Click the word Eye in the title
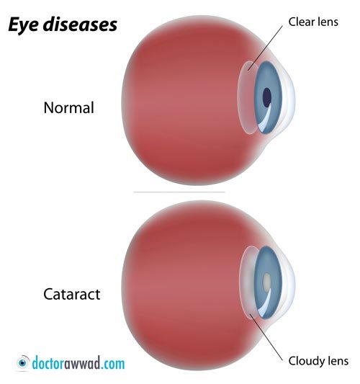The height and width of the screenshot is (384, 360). click(x=24, y=24)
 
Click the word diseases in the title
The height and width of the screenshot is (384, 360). click(x=80, y=24)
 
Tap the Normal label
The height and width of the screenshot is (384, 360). click(x=69, y=107)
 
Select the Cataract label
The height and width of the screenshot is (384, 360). click(x=72, y=294)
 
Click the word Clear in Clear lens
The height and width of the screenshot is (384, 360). click(x=301, y=22)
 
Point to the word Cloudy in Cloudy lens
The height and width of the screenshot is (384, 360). click(x=305, y=361)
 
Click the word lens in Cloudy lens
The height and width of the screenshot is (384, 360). click(x=336, y=361)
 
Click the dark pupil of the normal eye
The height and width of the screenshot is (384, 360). click(x=266, y=97)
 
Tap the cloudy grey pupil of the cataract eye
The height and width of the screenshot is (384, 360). click(x=266, y=282)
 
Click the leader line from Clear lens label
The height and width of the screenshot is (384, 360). click(x=265, y=48)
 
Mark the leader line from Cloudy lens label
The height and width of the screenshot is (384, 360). click(x=266, y=337)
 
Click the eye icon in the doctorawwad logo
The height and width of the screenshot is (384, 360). click(x=23, y=362)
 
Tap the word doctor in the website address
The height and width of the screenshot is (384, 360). click(x=48, y=363)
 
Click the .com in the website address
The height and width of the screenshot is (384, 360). click(x=113, y=364)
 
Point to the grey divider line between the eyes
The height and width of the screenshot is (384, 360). click(x=179, y=192)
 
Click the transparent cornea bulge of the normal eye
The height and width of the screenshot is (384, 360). click(x=289, y=98)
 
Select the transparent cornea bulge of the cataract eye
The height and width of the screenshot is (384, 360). click(x=289, y=284)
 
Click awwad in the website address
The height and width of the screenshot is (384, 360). click(x=83, y=363)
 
